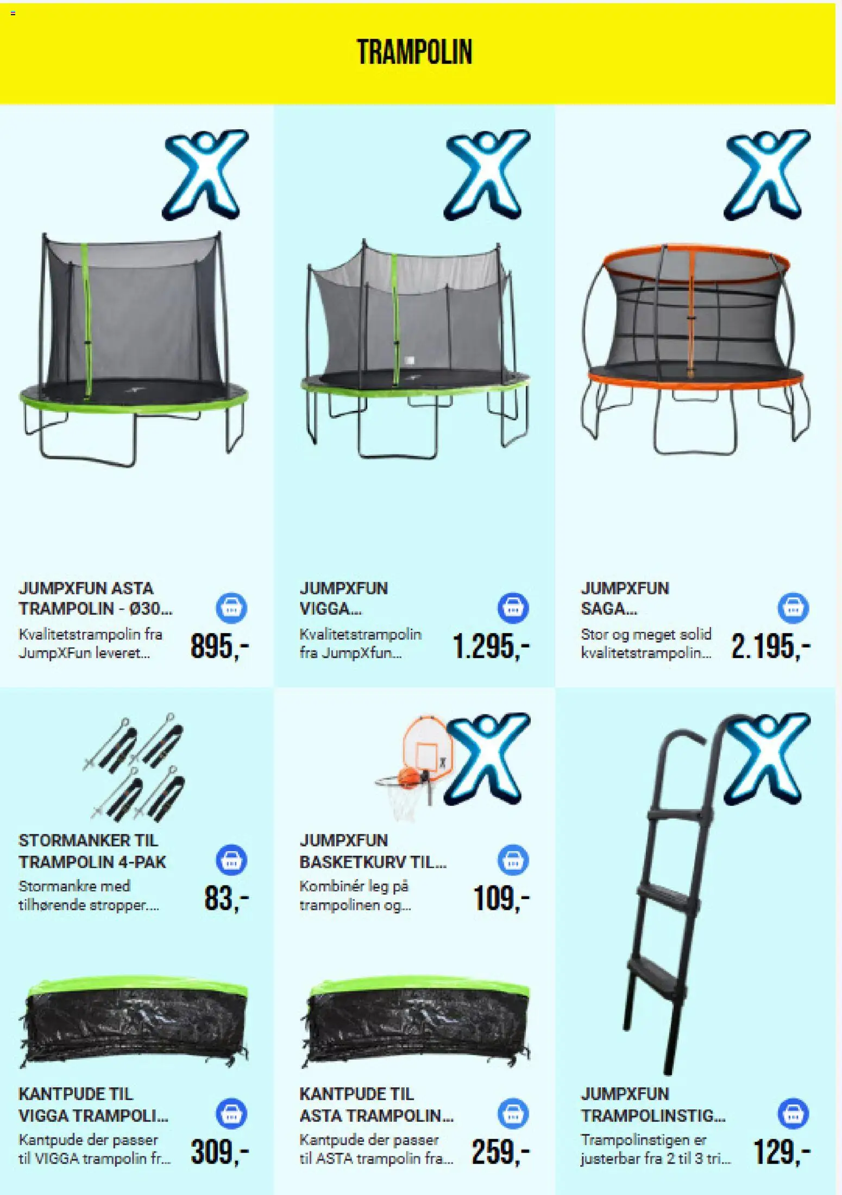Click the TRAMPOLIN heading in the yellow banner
pyautogui.click(x=414, y=52)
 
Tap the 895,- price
pyautogui.click(x=219, y=646)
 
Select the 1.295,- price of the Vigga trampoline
pyautogui.click(x=491, y=646)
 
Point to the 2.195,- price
pyautogui.click(x=771, y=646)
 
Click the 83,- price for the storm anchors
pyautogui.click(x=227, y=897)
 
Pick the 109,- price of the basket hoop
pyautogui.click(x=501, y=897)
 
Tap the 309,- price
pyautogui.click(x=219, y=1151)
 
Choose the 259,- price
pyautogui.click(x=500, y=1151)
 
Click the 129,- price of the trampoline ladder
pyautogui.click(x=782, y=1151)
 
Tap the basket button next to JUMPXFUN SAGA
pyautogui.click(x=793, y=608)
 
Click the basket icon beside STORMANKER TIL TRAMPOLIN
pyautogui.click(x=231, y=860)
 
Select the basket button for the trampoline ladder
pyautogui.click(x=793, y=1114)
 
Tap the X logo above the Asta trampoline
pyautogui.click(x=205, y=174)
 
